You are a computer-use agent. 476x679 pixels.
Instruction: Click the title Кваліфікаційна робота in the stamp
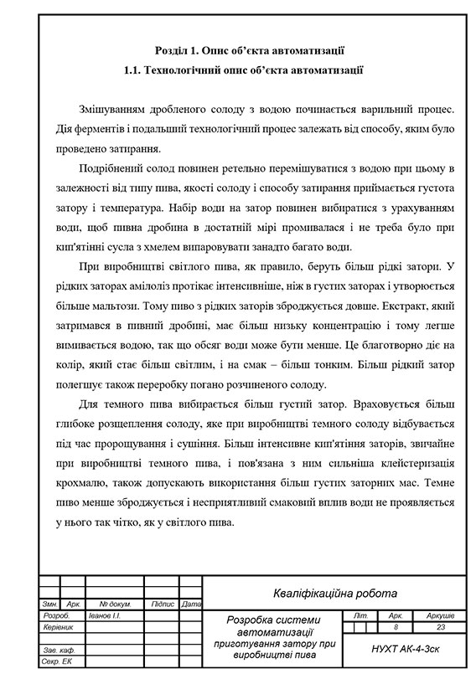334,594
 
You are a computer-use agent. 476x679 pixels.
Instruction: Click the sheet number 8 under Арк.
396,626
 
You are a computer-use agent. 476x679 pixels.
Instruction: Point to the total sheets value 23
441,626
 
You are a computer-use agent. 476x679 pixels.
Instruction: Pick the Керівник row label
58,626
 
